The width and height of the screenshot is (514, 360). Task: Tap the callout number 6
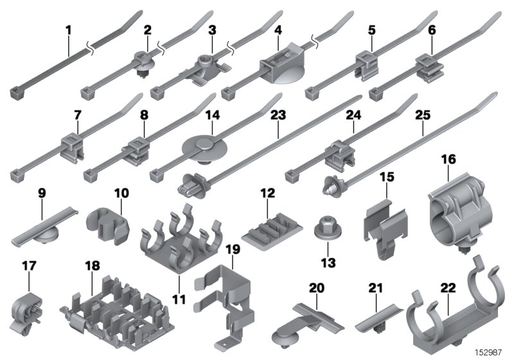pyautogui.click(x=432, y=30)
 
